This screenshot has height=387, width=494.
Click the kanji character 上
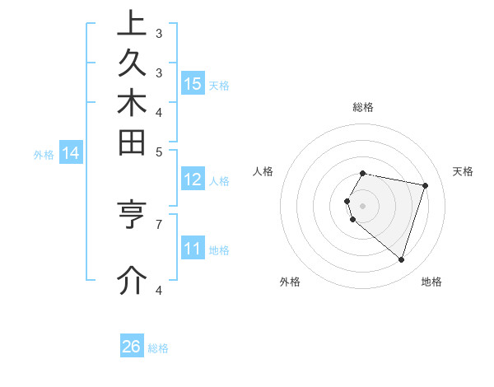coord(132,24)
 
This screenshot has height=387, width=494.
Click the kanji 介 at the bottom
coord(132,281)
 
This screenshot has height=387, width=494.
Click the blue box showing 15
coord(193,83)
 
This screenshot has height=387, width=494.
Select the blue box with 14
coord(71,152)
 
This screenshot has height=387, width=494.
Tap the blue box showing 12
coord(193,180)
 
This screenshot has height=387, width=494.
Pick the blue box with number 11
coord(193,248)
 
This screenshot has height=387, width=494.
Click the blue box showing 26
coord(132,347)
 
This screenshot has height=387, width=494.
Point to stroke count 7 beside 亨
coord(159,223)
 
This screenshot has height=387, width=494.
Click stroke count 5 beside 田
coord(159,151)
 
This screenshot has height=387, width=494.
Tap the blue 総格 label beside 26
coord(158,348)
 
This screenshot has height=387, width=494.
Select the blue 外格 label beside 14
coord(44,154)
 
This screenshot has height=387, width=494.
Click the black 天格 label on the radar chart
coord(464,171)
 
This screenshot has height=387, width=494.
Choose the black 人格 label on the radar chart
coord(263,171)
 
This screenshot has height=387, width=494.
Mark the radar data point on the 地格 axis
coord(401,259)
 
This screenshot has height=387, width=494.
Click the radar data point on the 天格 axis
coord(425,185)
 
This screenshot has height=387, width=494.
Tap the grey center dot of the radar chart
coord(363,205)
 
